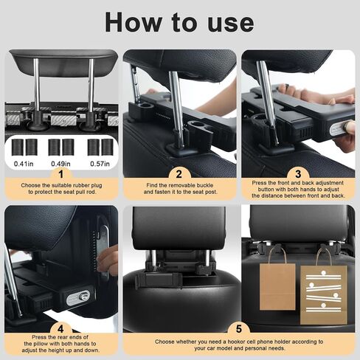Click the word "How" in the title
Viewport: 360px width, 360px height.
coord(133,23)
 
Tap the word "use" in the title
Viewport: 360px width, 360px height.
coord(231,24)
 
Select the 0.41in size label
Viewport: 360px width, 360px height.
coord(24,164)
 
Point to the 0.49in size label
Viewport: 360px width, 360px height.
coord(60,164)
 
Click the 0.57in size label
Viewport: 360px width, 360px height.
coord(100,164)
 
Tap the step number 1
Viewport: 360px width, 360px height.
coord(60,174)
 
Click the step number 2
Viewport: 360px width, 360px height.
coord(179,174)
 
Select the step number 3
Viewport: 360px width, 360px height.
coord(298,174)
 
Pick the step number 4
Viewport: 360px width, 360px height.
coord(60,329)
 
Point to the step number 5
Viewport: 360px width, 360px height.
coord(239,329)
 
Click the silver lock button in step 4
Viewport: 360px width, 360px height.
coord(79,297)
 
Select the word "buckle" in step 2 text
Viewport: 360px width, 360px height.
coord(205,185)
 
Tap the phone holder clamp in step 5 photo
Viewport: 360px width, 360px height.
coord(159,280)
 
